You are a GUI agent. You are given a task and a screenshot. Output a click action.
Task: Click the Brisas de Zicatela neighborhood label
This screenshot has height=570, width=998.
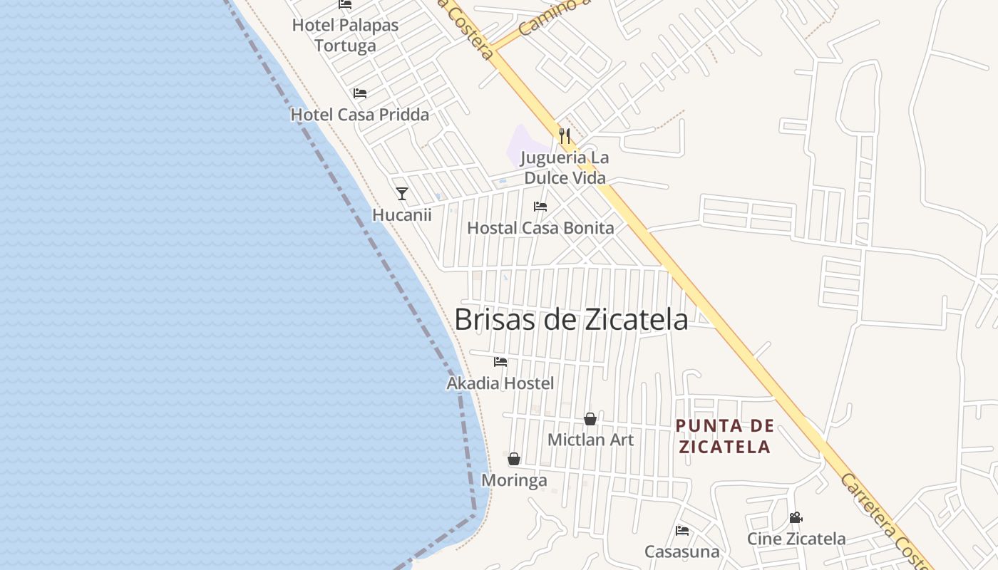(x=571, y=320)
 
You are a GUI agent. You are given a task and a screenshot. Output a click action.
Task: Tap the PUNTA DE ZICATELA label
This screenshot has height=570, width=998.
(x=725, y=436)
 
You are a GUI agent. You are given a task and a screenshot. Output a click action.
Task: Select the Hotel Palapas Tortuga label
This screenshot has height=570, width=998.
(x=345, y=35)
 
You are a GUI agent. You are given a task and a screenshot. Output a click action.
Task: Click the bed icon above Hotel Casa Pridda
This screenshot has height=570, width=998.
(x=360, y=93)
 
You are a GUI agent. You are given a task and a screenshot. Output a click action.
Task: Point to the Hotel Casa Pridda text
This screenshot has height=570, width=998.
(x=360, y=115)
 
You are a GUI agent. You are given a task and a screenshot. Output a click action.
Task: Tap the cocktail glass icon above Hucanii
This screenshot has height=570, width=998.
(x=402, y=194)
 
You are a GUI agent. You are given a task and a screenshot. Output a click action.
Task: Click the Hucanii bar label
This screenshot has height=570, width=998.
(x=402, y=214)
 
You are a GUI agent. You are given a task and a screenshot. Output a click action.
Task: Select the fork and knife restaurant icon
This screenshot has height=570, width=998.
(x=565, y=135)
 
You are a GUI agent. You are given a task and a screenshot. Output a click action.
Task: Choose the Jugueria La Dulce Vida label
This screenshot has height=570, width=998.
(x=565, y=167)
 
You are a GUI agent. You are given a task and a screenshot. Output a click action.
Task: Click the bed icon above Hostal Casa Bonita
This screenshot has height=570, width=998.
(x=540, y=207)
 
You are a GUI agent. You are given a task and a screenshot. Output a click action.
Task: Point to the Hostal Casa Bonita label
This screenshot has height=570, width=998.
(x=540, y=228)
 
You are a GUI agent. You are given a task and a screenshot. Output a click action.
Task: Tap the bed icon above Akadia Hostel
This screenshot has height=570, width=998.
(x=500, y=362)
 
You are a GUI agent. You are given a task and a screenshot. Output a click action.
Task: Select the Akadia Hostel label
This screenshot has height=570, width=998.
(x=500, y=383)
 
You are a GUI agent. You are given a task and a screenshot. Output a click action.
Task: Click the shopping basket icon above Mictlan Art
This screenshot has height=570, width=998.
(x=590, y=419)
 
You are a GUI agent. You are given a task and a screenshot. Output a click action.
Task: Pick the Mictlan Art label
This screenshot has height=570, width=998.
(x=590, y=440)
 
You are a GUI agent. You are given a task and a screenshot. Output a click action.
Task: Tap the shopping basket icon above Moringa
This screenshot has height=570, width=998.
(x=514, y=459)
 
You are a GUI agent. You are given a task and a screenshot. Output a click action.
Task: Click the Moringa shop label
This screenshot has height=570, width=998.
(x=514, y=480)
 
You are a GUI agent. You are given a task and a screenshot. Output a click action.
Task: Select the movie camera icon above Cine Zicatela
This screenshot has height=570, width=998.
(x=796, y=518)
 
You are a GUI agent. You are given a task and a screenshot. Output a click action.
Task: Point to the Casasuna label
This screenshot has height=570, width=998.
(x=682, y=551)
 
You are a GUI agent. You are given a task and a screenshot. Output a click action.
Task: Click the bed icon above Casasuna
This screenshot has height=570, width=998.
(x=682, y=531)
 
